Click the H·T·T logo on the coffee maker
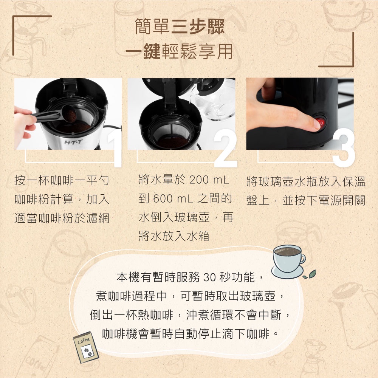pyautogui.click(x=73, y=142)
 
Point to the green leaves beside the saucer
pyautogui.click(x=310, y=274)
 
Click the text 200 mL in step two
pyautogui.click(x=209, y=180)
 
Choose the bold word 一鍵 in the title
pyautogui.click(x=143, y=51)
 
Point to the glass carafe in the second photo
pyautogui.click(x=212, y=99)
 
